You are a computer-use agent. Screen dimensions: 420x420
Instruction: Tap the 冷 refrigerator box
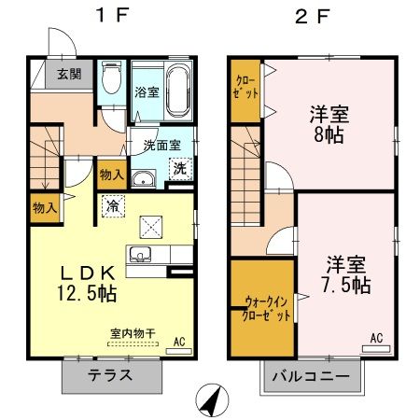(x=112, y=205)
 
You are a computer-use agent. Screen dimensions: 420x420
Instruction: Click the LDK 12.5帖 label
(x=89, y=282)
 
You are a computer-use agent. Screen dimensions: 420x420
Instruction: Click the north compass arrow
(x=213, y=399)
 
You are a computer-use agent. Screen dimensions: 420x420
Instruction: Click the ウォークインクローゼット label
(x=266, y=309)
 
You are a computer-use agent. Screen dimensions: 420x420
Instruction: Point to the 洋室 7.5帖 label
(x=346, y=273)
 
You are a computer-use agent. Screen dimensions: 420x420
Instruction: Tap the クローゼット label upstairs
(x=245, y=90)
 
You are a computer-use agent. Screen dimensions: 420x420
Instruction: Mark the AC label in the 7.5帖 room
(x=378, y=337)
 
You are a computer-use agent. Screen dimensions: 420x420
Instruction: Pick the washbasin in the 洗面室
(x=143, y=181)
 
